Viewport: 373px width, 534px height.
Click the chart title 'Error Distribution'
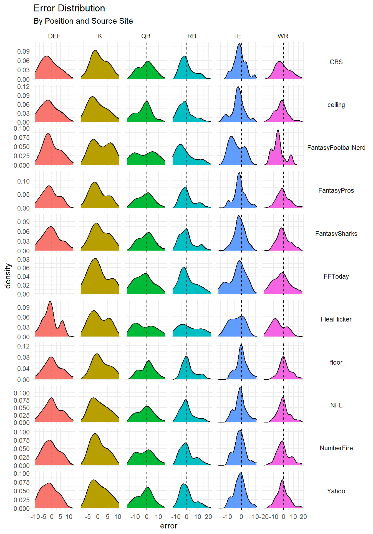(69, 8)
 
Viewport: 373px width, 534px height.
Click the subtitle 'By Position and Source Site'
(83, 21)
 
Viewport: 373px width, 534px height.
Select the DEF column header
(54, 36)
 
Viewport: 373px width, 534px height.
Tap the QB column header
(146, 36)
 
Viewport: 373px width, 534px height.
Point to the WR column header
(283, 36)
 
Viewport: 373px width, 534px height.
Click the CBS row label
(336, 62)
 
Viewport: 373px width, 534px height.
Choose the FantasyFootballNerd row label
(336, 148)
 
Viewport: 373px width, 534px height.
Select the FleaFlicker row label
(336, 319)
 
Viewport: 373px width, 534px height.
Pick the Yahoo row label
(336, 491)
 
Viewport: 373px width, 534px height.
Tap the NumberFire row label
(336, 448)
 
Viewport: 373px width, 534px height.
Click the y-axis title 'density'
(8, 276)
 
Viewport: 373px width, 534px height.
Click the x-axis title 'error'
(168, 526)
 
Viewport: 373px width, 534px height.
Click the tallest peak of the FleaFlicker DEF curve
(50, 301)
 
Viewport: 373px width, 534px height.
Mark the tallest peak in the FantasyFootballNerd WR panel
(278, 130)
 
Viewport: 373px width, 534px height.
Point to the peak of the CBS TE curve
(239, 44)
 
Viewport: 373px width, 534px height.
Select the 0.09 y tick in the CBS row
(23, 51)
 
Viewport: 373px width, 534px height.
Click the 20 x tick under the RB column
(208, 517)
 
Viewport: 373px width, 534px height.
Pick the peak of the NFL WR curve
(283, 397)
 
